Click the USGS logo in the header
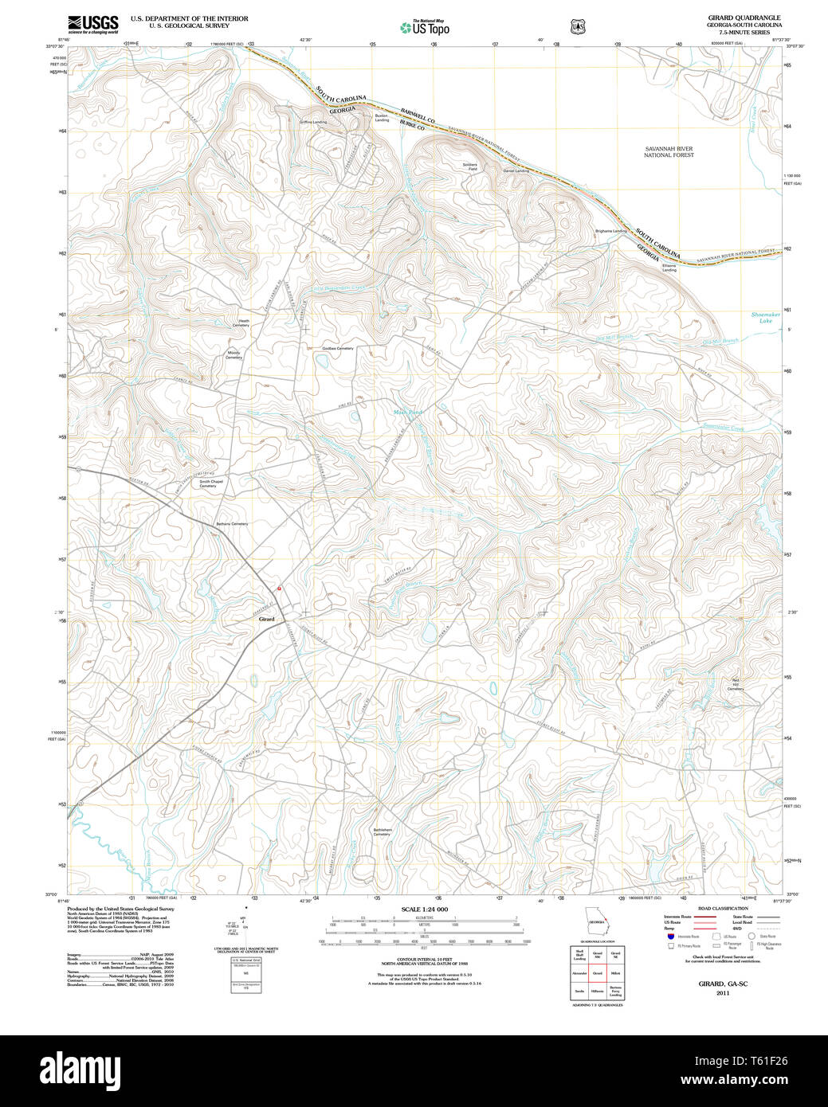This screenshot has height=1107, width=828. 92,23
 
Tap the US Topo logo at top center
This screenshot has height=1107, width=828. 425,27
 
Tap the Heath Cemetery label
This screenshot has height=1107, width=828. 241,323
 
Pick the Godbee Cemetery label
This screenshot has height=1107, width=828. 337,348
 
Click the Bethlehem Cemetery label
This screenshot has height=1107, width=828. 382,831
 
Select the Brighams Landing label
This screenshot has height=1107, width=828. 611,231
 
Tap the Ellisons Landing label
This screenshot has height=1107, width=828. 669,268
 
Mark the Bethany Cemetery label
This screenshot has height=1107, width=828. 232,524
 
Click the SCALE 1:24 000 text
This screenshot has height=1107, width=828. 424,909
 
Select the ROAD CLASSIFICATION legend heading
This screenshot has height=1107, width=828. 723,908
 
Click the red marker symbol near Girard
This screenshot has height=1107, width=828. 279,589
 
